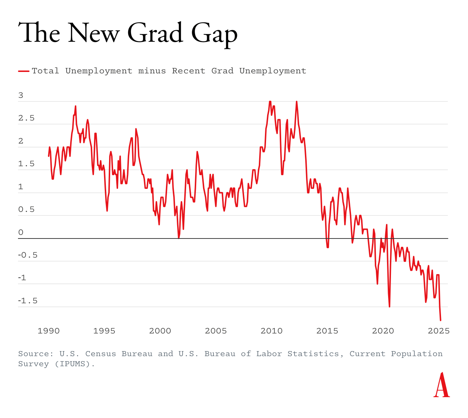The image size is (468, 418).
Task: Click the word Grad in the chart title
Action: tap(155, 33)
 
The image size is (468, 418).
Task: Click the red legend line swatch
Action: tap(23, 71)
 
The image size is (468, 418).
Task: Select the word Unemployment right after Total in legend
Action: tap(99, 71)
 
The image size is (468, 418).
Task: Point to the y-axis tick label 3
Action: tap(21, 95)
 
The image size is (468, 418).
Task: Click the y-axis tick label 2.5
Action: tap(26, 118)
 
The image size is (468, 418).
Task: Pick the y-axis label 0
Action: tap(21, 232)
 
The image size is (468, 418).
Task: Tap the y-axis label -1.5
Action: tap(28, 301)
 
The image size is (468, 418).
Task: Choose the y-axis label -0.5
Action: tap(28, 255)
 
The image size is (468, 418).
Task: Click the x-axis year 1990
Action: tap(49, 331)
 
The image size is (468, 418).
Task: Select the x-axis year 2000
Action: tap(160, 331)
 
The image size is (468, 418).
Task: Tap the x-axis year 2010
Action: tap(271, 331)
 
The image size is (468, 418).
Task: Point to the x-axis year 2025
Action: tap(438, 331)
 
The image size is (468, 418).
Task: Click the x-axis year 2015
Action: tap(327, 331)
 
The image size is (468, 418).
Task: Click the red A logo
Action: tap(442, 385)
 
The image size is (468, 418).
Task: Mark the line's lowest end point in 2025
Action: tap(440, 320)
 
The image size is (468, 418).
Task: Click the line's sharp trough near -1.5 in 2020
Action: tap(389, 306)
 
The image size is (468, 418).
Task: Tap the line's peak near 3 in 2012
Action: tap(297, 102)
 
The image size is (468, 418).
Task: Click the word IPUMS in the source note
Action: tap(75, 364)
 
